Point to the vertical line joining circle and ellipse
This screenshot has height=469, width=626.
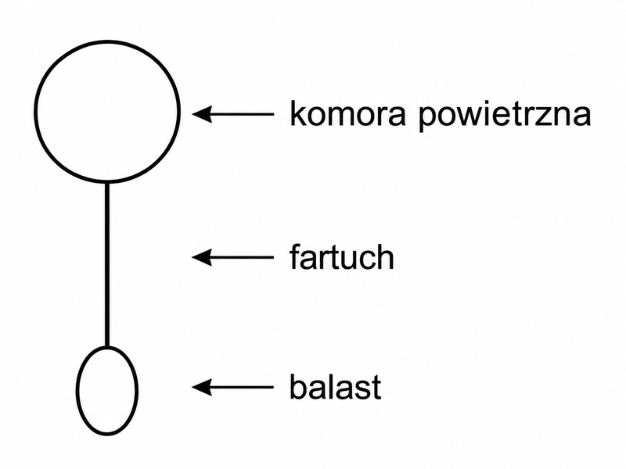pyautogui.click(x=107, y=265)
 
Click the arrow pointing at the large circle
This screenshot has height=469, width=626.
pyautogui.click(x=232, y=114)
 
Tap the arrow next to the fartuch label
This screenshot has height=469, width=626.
pyautogui.click(x=232, y=257)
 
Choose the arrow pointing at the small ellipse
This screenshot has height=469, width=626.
pyautogui.click(x=232, y=387)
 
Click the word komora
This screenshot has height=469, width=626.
pyautogui.click(x=347, y=113)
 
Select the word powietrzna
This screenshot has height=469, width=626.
pyautogui.click(x=505, y=116)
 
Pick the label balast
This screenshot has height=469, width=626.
pyautogui.click(x=336, y=386)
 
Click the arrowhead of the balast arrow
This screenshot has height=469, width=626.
pyautogui.click(x=202, y=387)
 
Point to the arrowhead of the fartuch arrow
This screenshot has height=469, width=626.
pyautogui.click(x=202, y=257)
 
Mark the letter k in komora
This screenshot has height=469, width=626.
pyautogui.click(x=297, y=113)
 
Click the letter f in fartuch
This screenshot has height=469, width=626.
pyautogui.click(x=295, y=256)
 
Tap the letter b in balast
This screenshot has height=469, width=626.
pyautogui.click(x=298, y=386)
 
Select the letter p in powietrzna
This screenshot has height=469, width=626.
pyautogui.click(x=427, y=119)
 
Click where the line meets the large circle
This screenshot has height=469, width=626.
pyautogui.click(x=107, y=183)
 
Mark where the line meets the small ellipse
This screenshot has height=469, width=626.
pyautogui.click(x=107, y=347)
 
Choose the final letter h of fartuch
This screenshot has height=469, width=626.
pyautogui.click(x=386, y=256)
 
